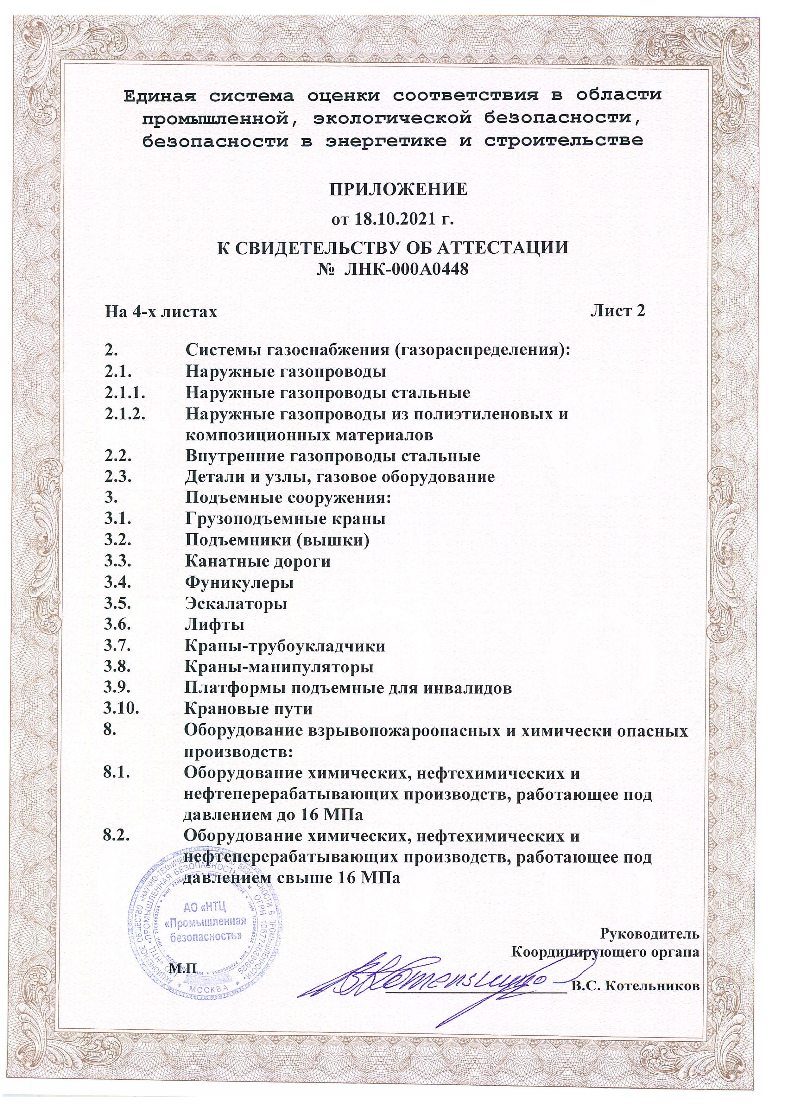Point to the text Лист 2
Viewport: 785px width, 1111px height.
pos(618,311)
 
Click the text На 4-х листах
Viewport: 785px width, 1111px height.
pos(161,312)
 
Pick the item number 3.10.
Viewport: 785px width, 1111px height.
pos(121,709)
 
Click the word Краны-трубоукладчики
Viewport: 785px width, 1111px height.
pos(285,646)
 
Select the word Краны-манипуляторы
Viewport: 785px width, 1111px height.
pos(279,667)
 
